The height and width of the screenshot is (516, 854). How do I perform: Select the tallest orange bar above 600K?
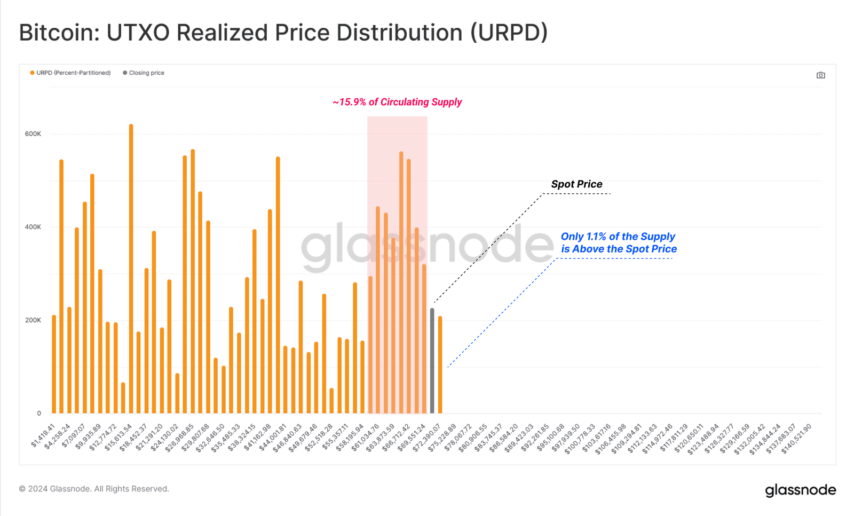pyautogui.click(x=131, y=267)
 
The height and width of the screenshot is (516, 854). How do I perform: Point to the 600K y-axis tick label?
pyautogui.click(x=33, y=134)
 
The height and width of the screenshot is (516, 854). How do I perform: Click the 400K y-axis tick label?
pyautogui.click(x=33, y=227)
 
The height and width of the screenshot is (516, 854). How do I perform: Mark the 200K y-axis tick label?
pyautogui.click(x=33, y=320)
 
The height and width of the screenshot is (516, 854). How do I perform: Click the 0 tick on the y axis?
pyautogui.click(x=38, y=413)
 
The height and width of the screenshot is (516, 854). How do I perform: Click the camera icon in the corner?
pyautogui.click(x=820, y=75)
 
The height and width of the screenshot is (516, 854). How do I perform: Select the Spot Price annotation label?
pyautogui.click(x=576, y=184)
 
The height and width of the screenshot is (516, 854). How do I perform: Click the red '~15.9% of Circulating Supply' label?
pyautogui.click(x=397, y=102)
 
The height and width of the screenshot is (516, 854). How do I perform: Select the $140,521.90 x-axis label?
pyautogui.click(x=797, y=438)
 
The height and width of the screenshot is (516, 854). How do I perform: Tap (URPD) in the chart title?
pyautogui.click(x=509, y=33)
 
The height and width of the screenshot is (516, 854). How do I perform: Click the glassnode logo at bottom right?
pyautogui.click(x=800, y=490)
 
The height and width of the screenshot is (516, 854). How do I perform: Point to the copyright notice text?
pyautogui.click(x=94, y=489)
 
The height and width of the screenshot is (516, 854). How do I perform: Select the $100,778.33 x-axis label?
pyautogui.click(x=580, y=438)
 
